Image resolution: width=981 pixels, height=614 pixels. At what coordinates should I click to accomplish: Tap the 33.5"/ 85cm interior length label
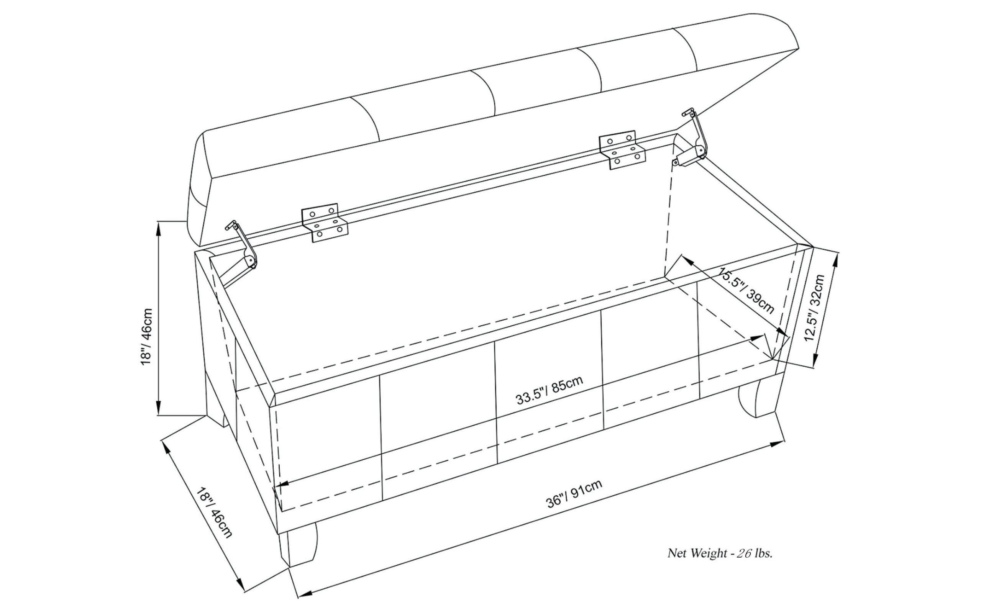tap(550, 390)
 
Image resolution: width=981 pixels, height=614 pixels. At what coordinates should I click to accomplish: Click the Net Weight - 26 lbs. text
tap(720, 553)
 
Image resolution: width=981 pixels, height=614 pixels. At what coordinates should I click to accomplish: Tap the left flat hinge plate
tap(325, 223)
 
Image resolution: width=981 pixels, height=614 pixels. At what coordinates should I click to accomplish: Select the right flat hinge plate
tap(622, 150)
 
